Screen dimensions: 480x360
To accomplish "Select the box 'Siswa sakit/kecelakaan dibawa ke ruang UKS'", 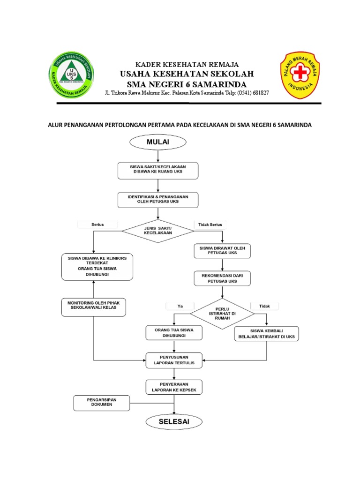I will tap(158, 170).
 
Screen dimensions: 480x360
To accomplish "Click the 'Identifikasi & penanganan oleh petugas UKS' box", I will tap(158, 200).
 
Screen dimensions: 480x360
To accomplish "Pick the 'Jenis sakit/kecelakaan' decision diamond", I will tap(158, 230).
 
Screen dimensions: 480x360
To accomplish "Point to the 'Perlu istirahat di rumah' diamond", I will tap(223, 313).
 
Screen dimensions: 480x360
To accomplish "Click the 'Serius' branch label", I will tap(97, 225).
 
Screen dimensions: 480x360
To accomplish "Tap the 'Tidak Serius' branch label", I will tap(210, 225).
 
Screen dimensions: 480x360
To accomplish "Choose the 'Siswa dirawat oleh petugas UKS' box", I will tap(223, 250).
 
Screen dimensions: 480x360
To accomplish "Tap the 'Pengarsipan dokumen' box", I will tap(102, 402).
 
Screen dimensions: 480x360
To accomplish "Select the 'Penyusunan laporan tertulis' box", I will tap(174, 360).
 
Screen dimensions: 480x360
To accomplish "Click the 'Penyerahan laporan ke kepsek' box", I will tap(174, 387).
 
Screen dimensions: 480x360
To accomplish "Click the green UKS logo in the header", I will tap(71, 75).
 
